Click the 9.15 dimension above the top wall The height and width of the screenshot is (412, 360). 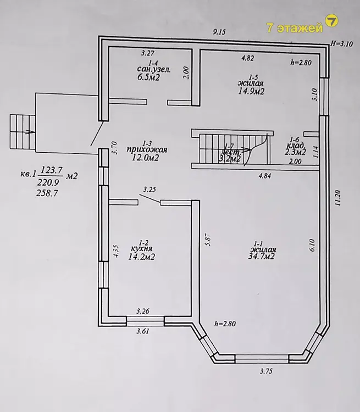click(x=219, y=32)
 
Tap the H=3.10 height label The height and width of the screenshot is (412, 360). click(x=342, y=44)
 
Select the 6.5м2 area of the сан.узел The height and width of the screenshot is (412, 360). click(x=148, y=77)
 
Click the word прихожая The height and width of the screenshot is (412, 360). click(x=147, y=150)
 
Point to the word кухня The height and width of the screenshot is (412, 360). click(x=141, y=248)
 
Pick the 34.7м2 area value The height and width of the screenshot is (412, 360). click(x=262, y=256)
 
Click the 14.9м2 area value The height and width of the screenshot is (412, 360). click(x=251, y=91)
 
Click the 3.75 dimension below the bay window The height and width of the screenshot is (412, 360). click(x=266, y=371)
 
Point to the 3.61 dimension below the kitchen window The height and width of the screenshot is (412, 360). click(x=143, y=331)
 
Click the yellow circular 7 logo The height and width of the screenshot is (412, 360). click(x=331, y=21)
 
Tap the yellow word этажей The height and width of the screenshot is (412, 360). click(x=300, y=28)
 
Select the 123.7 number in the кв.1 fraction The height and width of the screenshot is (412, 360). click(x=51, y=171)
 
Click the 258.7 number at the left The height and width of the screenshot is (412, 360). click(x=47, y=193)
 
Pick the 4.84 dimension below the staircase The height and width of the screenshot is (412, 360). click(x=265, y=176)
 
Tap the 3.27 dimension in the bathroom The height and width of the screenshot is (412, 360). click(x=147, y=53)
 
